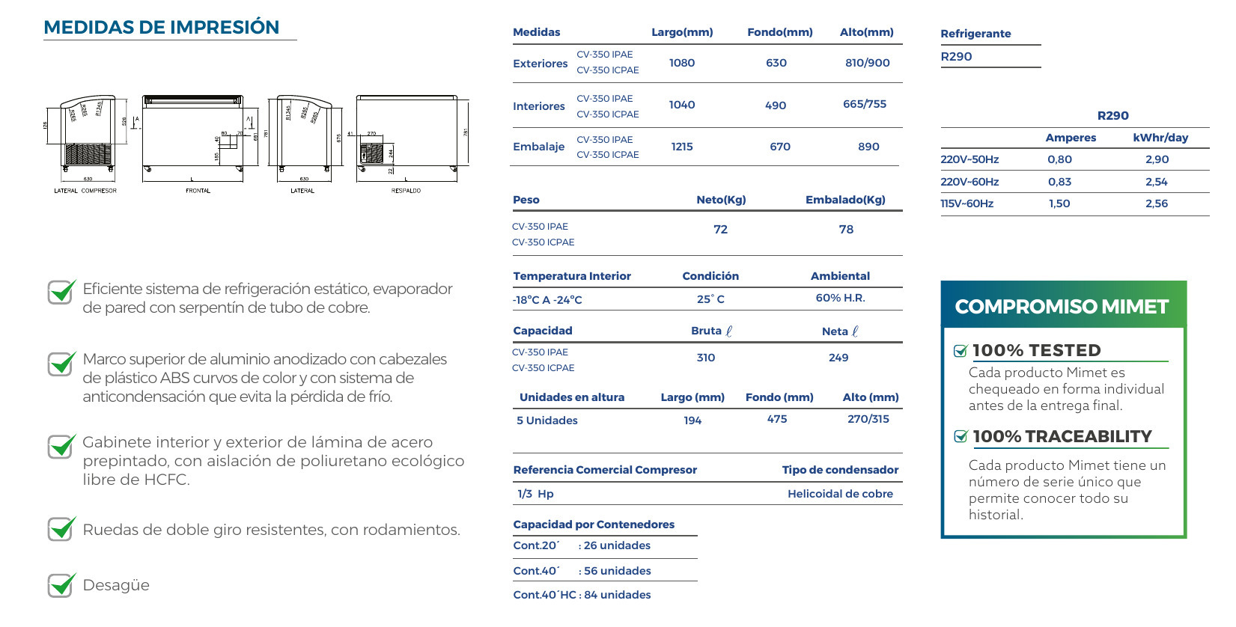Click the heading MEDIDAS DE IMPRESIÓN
[x=162, y=28]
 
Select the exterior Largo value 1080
[x=682, y=63]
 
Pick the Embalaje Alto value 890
[x=868, y=147]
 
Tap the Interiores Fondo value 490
[x=776, y=105]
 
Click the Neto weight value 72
[x=720, y=230]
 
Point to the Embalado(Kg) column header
[x=845, y=200]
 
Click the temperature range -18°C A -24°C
[x=547, y=300]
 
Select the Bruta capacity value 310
[x=706, y=358]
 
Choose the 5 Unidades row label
[x=547, y=420]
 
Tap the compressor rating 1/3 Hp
[x=535, y=494]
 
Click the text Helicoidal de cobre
[x=840, y=494]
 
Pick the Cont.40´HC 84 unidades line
[x=582, y=595]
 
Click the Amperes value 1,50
[x=1059, y=204]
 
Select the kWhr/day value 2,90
[x=1157, y=159]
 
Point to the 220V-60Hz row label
[x=969, y=182]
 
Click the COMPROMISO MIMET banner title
[x=1062, y=307]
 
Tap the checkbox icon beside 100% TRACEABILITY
[x=961, y=437]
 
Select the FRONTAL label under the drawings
[x=198, y=191]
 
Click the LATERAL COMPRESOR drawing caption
[x=85, y=191]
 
